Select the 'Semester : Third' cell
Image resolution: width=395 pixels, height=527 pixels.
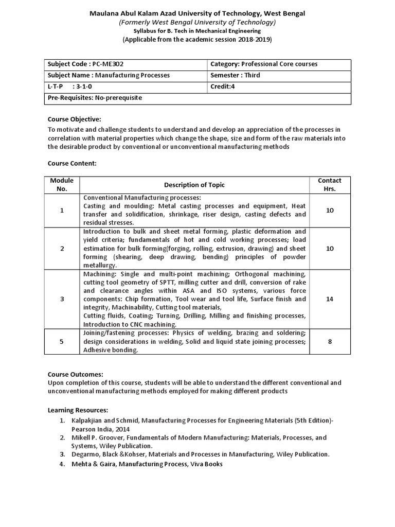coord(235,75)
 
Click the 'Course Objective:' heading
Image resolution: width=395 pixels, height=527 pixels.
coord(75,119)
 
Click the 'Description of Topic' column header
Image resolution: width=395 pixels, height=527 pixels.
coord(194,185)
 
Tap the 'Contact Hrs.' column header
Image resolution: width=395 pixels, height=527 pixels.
coord(330,185)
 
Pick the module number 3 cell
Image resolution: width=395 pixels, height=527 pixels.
coord(62,299)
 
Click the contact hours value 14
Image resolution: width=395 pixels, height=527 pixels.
coord(330,299)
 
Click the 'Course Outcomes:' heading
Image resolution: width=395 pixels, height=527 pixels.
coord(75,374)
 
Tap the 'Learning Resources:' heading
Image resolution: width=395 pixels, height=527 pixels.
coord(78,410)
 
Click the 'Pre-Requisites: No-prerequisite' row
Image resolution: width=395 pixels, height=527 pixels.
coord(95,97)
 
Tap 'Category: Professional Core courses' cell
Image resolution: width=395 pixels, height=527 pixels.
coord(264,64)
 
